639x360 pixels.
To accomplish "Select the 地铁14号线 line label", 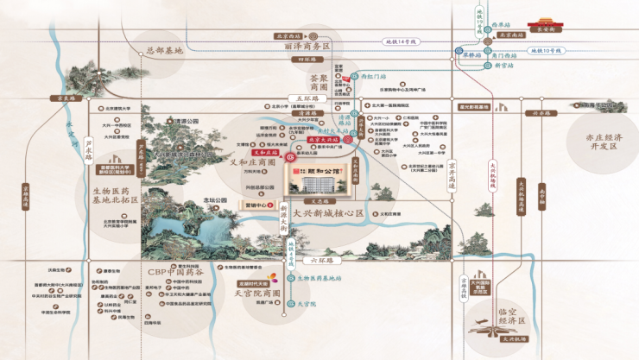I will (400, 41).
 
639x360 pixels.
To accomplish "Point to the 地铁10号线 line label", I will (544, 51).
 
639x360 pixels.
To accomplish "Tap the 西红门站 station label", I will (372, 75).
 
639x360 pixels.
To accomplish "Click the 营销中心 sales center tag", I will (257, 205).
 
